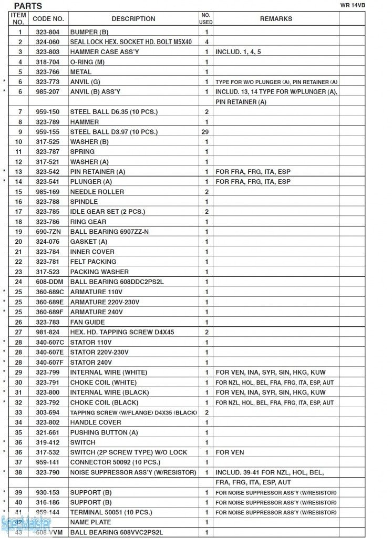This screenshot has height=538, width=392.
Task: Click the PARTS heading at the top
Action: (x=28, y=6)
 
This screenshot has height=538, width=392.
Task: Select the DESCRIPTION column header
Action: (x=133, y=19)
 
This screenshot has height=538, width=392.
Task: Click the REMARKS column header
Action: (x=276, y=19)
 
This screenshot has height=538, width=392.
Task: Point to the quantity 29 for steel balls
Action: (x=206, y=132)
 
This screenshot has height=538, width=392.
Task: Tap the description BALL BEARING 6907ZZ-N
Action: (x=109, y=232)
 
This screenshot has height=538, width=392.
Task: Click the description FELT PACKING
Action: (x=93, y=262)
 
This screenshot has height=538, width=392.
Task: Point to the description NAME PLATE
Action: (x=90, y=522)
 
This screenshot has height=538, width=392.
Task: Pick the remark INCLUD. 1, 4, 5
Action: (x=238, y=52)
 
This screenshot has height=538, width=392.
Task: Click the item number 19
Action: (x=18, y=232)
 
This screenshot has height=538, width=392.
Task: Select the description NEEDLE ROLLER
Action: (x=97, y=192)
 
